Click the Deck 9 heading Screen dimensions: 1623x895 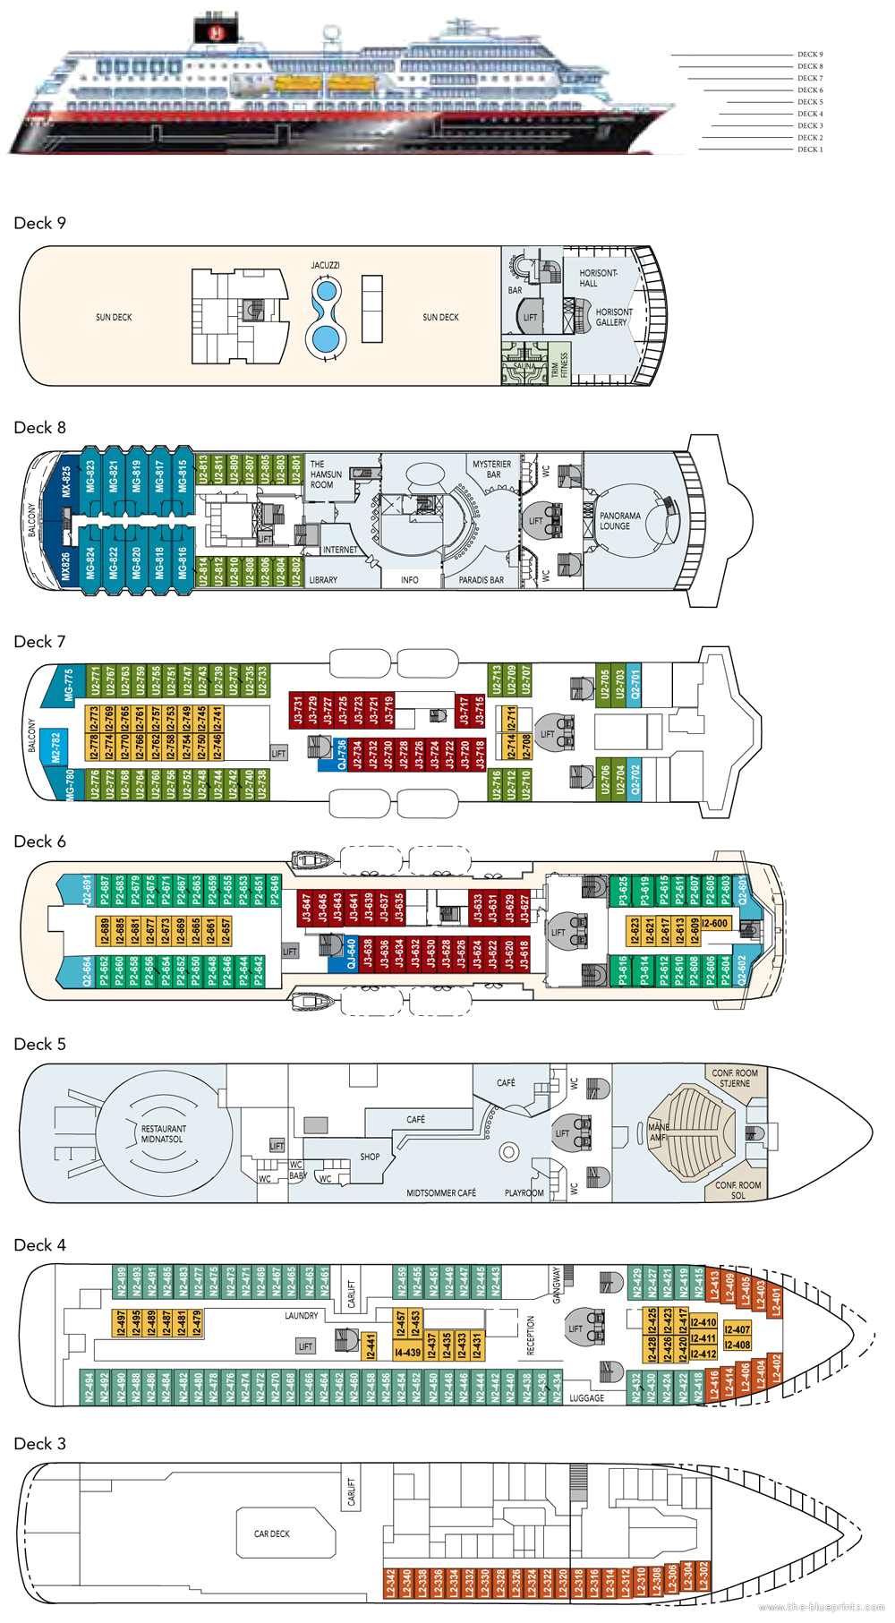pos(40,223)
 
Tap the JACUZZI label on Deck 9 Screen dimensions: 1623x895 pos(325,266)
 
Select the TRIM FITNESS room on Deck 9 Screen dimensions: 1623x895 pos(560,364)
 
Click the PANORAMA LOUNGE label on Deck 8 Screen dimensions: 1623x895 pos(619,521)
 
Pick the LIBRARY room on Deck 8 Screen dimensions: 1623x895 pos(323,580)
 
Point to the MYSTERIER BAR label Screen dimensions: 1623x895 pos(492,469)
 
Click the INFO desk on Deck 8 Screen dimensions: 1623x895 pos(410,580)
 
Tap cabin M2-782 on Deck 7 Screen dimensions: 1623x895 pos(56,740)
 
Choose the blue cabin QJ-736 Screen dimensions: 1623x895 pos(341,754)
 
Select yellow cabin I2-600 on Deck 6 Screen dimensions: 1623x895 pos(715,923)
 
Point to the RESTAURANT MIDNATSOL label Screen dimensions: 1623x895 pos(164,1134)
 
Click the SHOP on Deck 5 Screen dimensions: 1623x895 pos(370,1157)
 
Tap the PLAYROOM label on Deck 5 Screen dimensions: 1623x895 pos(524,1193)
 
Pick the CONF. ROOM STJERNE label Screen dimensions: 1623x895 pos(735,1078)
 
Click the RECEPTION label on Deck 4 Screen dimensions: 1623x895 pos(531,1335)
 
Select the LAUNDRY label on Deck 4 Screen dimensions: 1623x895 pos(302,1316)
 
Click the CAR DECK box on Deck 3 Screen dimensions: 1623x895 pos(272,1533)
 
